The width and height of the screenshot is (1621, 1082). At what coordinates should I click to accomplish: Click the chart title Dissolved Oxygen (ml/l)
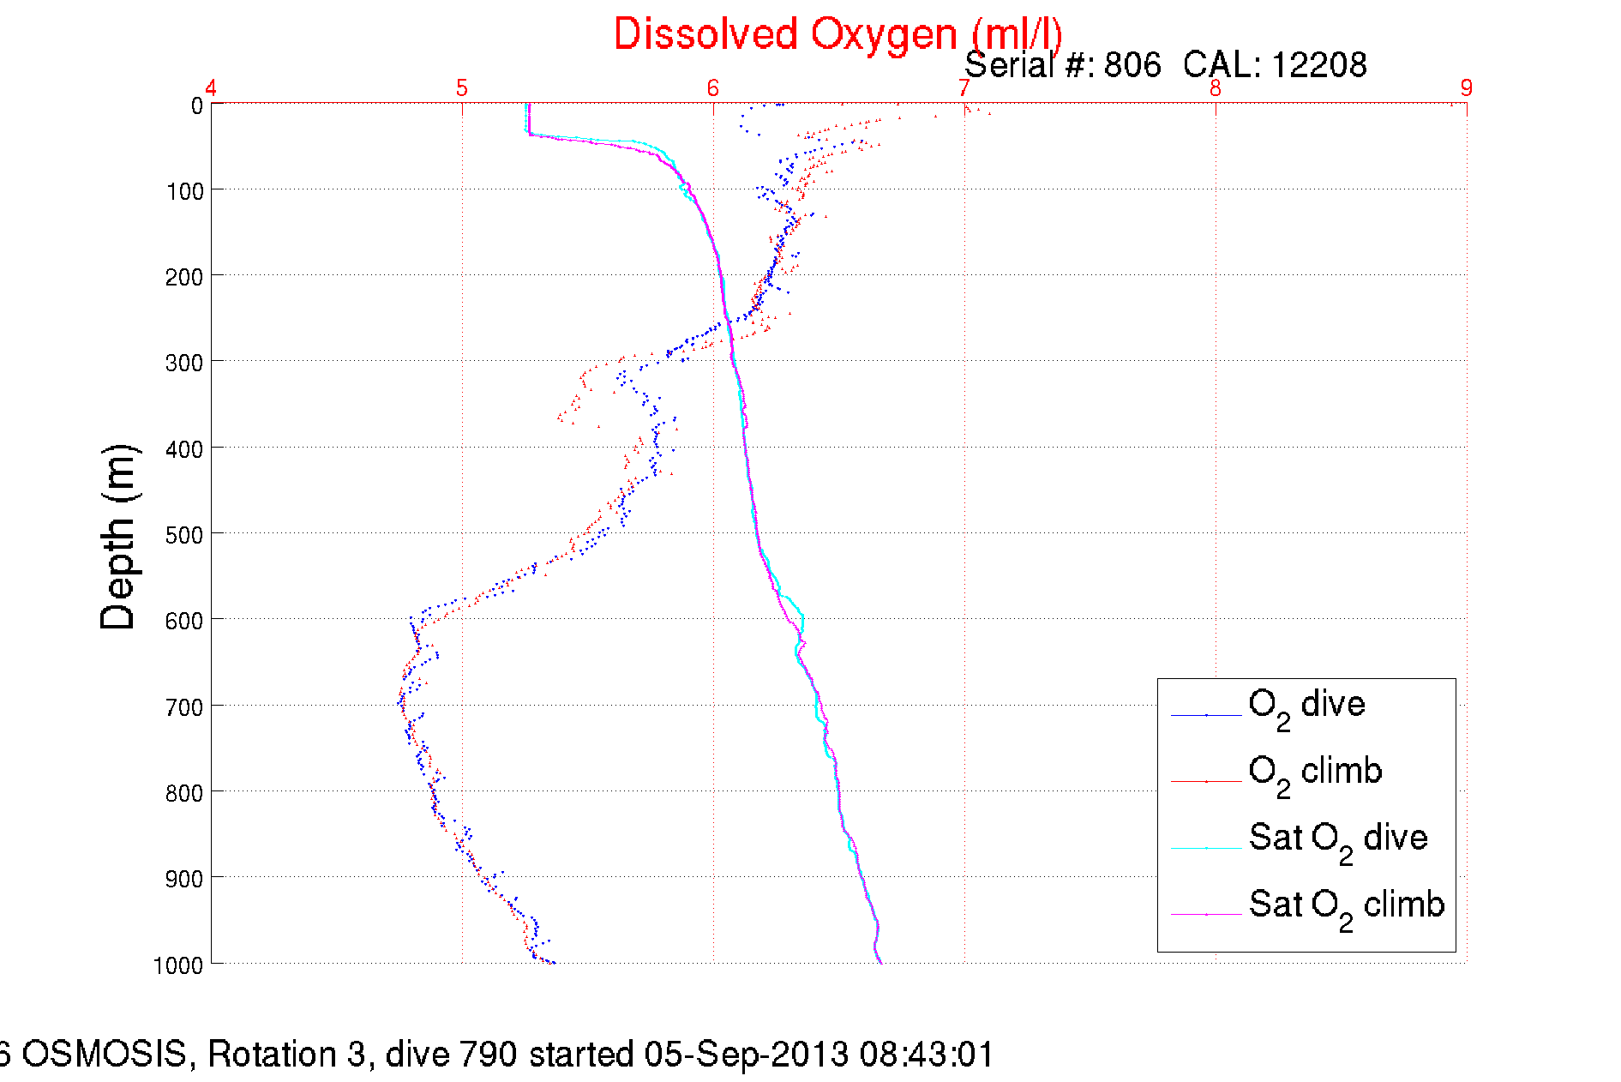pyautogui.click(x=838, y=35)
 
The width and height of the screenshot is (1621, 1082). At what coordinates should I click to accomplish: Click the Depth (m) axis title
pyautogui.click(x=118, y=538)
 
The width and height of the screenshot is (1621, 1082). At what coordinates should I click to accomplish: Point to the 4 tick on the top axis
pyautogui.click(x=211, y=87)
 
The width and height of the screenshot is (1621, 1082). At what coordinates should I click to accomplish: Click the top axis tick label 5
pyautogui.click(x=462, y=87)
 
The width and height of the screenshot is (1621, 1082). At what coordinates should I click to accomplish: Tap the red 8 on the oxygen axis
pyautogui.click(x=1215, y=87)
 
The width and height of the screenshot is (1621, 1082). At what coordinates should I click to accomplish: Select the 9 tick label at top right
pyautogui.click(x=1466, y=87)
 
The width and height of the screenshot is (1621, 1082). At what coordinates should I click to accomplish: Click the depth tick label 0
pyautogui.click(x=196, y=105)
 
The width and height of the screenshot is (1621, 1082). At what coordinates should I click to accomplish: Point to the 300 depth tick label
pyautogui.click(x=184, y=363)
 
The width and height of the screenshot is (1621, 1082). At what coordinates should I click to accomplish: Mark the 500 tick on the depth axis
pyautogui.click(x=184, y=535)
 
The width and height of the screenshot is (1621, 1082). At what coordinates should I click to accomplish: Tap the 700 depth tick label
pyautogui.click(x=184, y=707)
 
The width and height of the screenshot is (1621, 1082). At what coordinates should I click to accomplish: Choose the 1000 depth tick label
pyautogui.click(x=178, y=965)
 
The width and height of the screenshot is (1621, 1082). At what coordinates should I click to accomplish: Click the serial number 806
pyautogui.click(x=1132, y=65)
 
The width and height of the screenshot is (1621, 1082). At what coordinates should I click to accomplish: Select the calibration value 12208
pyautogui.click(x=1318, y=65)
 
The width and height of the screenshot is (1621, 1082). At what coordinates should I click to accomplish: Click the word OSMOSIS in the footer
pyautogui.click(x=104, y=1054)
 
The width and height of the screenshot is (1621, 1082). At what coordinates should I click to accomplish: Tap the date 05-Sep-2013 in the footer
pyautogui.click(x=747, y=1054)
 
